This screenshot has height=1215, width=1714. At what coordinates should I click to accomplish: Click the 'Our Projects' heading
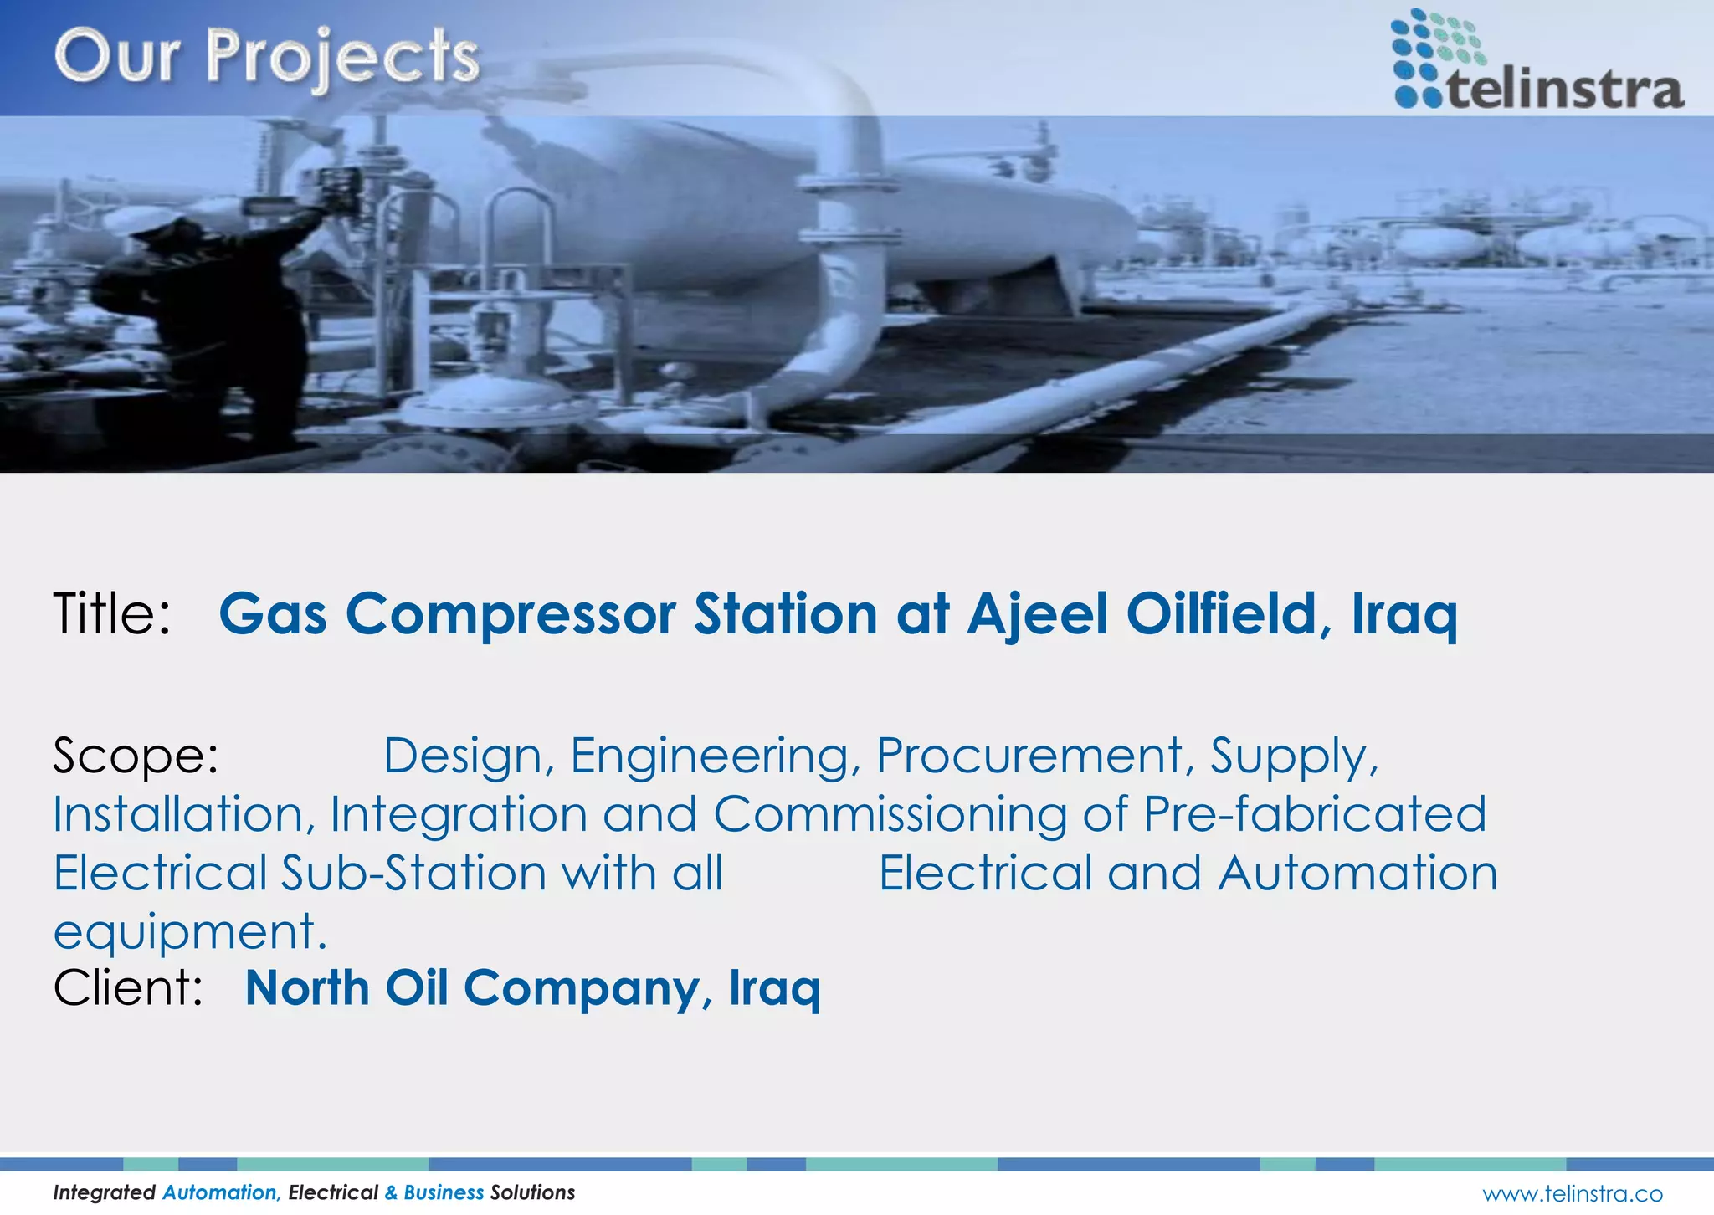pos(266,57)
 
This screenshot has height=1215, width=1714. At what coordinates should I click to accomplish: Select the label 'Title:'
pos(112,613)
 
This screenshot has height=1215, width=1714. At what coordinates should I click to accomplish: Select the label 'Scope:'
pos(136,756)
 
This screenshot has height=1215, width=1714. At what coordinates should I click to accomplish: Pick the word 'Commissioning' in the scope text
pos(890,814)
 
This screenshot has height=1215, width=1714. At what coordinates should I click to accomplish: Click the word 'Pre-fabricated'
pos(1314,814)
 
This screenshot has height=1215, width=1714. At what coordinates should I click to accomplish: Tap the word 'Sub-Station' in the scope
pos(413,873)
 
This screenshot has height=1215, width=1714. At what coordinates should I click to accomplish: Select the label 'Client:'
pos(128,988)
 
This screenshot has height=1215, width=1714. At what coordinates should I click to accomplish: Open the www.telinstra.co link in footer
pos(1572,1193)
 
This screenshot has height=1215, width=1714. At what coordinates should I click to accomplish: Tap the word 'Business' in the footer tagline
pos(444,1192)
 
